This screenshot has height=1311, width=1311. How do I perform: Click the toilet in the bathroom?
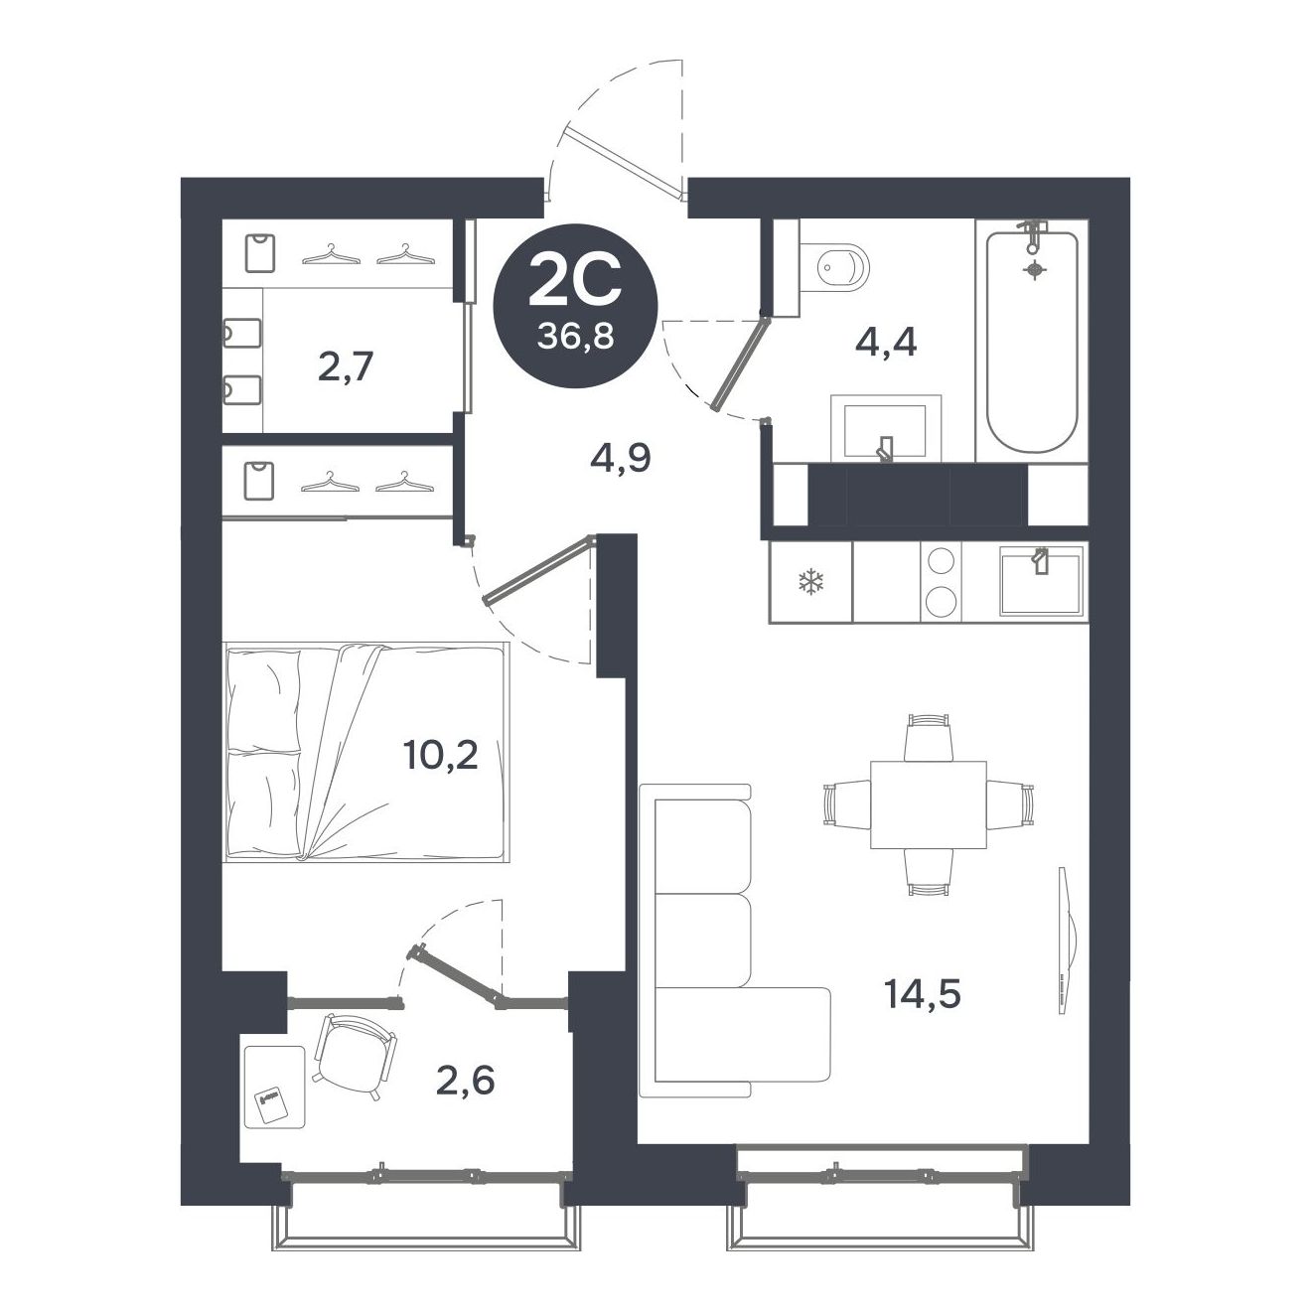840,266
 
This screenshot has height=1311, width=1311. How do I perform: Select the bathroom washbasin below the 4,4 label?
885,429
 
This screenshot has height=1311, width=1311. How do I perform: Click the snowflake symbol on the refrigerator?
811,582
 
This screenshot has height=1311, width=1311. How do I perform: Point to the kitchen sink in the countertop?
1039,582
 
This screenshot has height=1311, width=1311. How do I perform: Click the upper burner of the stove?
940,563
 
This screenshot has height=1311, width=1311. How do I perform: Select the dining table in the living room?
928,804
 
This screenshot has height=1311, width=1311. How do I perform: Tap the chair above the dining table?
929,736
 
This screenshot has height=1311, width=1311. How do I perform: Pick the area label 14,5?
923,992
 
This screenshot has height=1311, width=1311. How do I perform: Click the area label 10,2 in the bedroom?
440,756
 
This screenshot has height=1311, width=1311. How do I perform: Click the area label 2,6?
465,1079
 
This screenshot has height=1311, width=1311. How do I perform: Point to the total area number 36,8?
575,337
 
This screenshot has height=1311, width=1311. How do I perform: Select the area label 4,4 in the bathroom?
885,343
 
